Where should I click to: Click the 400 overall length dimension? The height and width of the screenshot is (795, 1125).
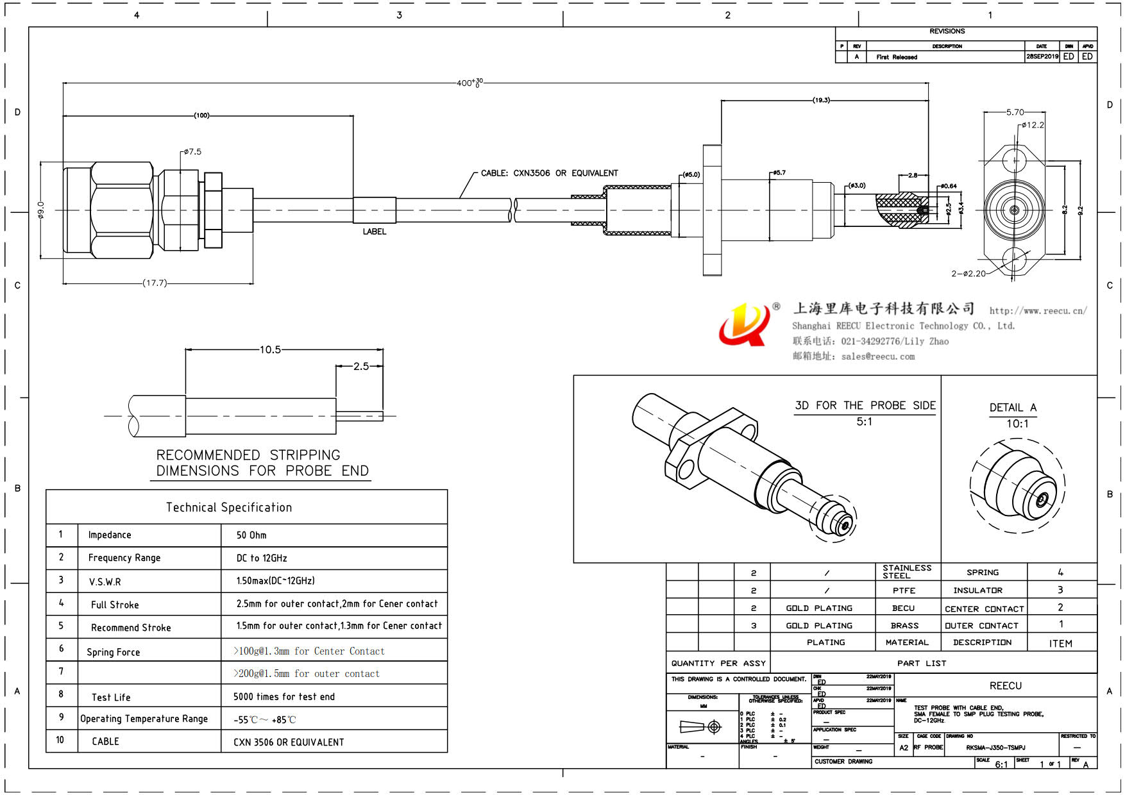(x=469, y=83)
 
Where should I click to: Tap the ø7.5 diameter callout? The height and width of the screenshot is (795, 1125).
(x=192, y=152)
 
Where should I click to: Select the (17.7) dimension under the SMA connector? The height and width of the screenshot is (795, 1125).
(x=155, y=283)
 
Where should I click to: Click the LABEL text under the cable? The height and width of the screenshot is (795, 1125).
(x=375, y=231)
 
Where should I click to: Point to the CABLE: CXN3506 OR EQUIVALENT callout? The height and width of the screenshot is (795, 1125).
(x=549, y=173)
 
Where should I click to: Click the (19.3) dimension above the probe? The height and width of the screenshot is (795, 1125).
(x=821, y=100)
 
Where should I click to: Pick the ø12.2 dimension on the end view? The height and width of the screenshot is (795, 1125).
(x=1032, y=125)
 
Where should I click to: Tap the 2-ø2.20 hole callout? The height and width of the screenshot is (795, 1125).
(x=969, y=274)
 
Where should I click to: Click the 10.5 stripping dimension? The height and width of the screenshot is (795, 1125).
(x=270, y=349)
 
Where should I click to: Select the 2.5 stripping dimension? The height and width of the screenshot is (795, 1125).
(x=361, y=366)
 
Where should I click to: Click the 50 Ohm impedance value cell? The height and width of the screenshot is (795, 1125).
(x=251, y=535)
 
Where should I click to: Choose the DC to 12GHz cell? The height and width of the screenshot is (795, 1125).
(x=262, y=558)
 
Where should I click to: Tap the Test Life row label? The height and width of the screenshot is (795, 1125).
(x=111, y=698)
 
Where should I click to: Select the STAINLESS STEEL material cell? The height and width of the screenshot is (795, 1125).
(x=907, y=571)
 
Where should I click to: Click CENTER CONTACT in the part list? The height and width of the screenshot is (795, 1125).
(x=984, y=608)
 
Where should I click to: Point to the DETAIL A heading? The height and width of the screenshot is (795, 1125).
(x=1013, y=408)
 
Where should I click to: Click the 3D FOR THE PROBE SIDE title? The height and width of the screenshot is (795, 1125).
(x=865, y=405)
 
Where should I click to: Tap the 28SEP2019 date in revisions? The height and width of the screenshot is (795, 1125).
(x=1042, y=56)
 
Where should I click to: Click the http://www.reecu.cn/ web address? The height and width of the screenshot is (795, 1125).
(x=1038, y=311)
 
